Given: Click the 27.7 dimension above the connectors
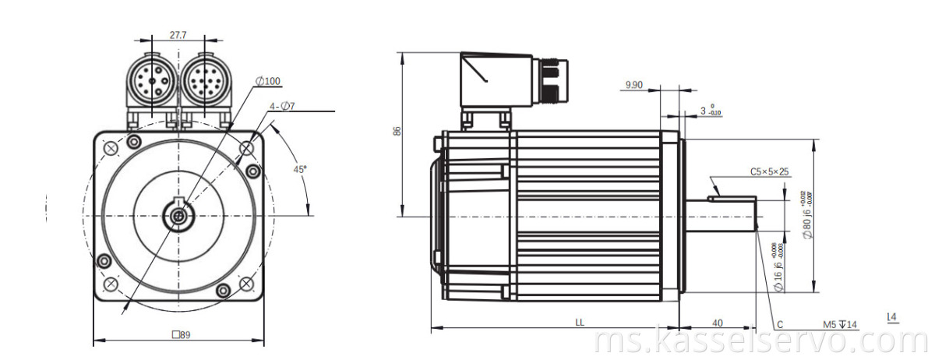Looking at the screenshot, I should pyautogui.click(x=178, y=35).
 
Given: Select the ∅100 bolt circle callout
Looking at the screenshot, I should pyautogui.click(x=268, y=81).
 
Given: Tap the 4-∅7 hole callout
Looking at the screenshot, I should pyautogui.click(x=281, y=106).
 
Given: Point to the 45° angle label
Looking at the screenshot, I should pyautogui.click(x=299, y=169).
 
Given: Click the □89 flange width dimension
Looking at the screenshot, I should pyautogui.click(x=181, y=334).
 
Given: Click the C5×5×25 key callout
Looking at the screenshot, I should pyautogui.click(x=769, y=171).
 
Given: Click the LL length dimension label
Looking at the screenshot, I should pyautogui.click(x=580, y=321).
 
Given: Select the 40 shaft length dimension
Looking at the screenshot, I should pyautogui.click(x=717, y=321).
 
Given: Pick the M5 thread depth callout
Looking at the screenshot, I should pyautogui.click(x=839, y=323).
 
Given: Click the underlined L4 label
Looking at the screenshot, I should pyautogui.click(x=892, y=316).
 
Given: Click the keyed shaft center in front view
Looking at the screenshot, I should pyautogui.click(x=179, y=215).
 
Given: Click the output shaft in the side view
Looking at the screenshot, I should pyautogui.click(x=721, y=214).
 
